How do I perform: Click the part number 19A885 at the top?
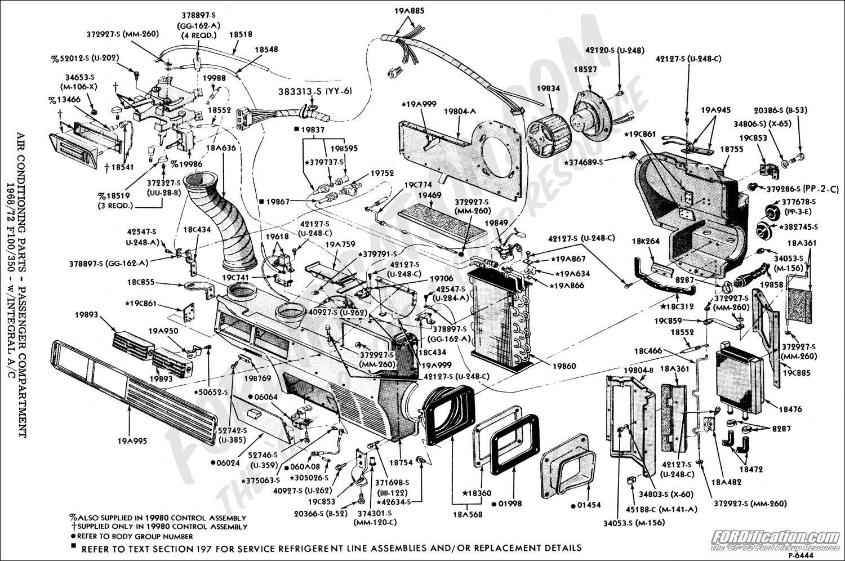(x=410, y=10)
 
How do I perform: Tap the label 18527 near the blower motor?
(x=585, y=69)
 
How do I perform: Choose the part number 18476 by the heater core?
(x=789, y=409)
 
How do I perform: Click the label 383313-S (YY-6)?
(x=315, y=91)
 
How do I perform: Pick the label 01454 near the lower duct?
(x=589, y=506)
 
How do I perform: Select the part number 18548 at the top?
(x=266, y=50)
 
